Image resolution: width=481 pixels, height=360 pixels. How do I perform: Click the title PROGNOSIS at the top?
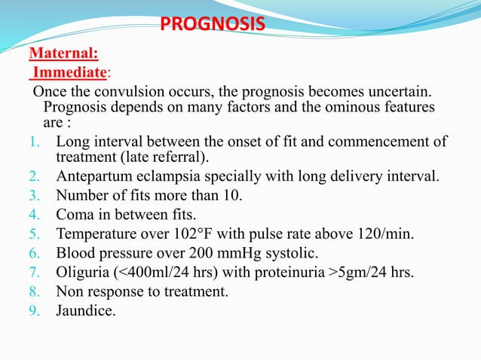213,25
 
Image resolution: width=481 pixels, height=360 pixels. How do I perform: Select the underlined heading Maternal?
63,53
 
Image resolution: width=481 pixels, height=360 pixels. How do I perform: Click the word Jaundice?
86,310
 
